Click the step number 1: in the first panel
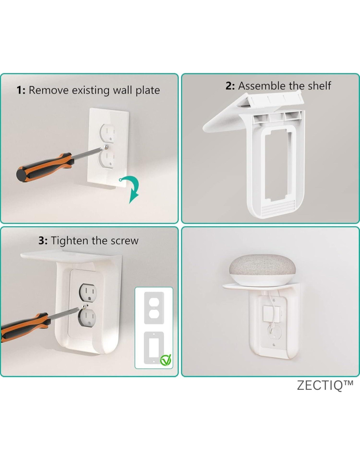pos(21,90)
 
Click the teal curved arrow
pos(131,189)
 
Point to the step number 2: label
pos(230,86)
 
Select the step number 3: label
pos(43,241)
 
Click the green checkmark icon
pos(166,360)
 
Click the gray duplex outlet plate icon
pos(154,308)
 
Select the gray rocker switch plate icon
pos(154,348)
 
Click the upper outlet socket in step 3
pos(88,292)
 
